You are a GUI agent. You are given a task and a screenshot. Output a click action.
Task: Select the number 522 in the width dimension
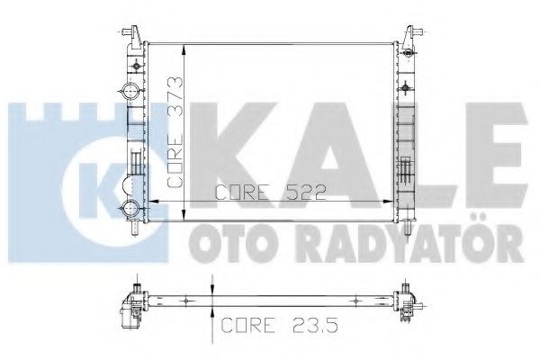pyautogui.click(x=297, y=192)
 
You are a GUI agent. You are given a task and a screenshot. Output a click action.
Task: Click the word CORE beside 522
pyautogui.click(x=242, y=192)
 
